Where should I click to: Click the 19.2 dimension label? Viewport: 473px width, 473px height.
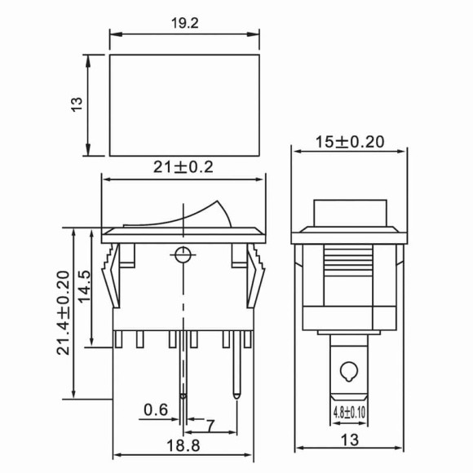tap(184, 24)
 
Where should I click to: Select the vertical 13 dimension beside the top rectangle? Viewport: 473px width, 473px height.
tap(77, 104)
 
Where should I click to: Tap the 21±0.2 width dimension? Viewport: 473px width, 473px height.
tap(184, 167)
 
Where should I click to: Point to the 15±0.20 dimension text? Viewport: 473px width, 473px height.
tap(349, 141)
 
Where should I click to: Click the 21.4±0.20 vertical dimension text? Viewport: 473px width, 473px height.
tap(62, 313)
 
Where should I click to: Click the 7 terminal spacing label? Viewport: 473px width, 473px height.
tap(210, 425)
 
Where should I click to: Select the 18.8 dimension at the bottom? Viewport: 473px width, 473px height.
tap(184, 447)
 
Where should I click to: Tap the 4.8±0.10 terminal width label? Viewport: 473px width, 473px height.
tap(348, 412)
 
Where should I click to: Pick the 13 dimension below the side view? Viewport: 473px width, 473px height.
tap(349, 440)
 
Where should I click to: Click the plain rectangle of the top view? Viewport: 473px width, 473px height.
tap(184, 104)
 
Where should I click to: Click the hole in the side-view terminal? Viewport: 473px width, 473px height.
tap(348, 372)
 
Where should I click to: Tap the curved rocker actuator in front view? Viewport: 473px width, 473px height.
tap(196, 214)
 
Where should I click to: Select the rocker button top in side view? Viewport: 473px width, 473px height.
tap(348, 214)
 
